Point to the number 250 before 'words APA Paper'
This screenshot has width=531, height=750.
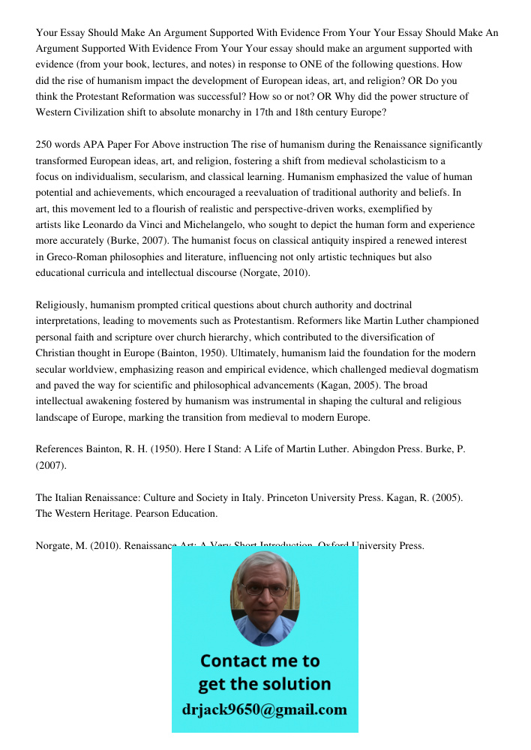pos(45,145)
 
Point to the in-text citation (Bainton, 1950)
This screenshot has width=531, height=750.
pos(201,353)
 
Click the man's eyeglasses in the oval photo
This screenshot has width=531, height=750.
pos(265,590)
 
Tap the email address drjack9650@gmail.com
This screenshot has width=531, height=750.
pos(264,709)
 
